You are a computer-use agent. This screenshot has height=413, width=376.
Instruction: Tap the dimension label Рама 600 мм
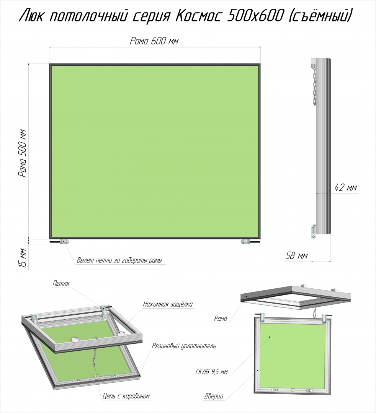pos(154,41)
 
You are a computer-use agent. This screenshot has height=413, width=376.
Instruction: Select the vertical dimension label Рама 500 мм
pos(23,153)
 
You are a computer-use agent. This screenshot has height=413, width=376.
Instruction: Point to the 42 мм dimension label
pos(345,188)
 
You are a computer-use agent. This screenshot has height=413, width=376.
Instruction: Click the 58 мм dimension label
pos(296,255)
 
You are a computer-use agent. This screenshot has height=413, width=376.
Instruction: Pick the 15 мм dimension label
pos(23,259)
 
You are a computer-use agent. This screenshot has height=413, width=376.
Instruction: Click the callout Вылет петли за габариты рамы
pos(119,260)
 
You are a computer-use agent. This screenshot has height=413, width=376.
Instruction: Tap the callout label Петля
pos(61,283)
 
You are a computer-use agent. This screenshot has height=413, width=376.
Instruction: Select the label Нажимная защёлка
pos(168,304)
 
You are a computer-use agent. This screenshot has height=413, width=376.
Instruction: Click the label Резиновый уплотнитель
pos(184,346)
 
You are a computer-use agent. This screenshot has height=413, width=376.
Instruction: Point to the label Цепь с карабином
pos(126,396)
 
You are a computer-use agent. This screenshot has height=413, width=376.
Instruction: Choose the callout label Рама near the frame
pos(221,319)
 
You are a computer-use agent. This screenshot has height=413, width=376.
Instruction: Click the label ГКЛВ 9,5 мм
pos(211,372)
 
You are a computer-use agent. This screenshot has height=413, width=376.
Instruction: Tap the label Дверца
pos(214,396)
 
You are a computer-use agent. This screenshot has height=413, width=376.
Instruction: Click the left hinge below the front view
pos(64,241)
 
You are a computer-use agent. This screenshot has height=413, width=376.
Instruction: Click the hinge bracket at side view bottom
pos(314,231)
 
